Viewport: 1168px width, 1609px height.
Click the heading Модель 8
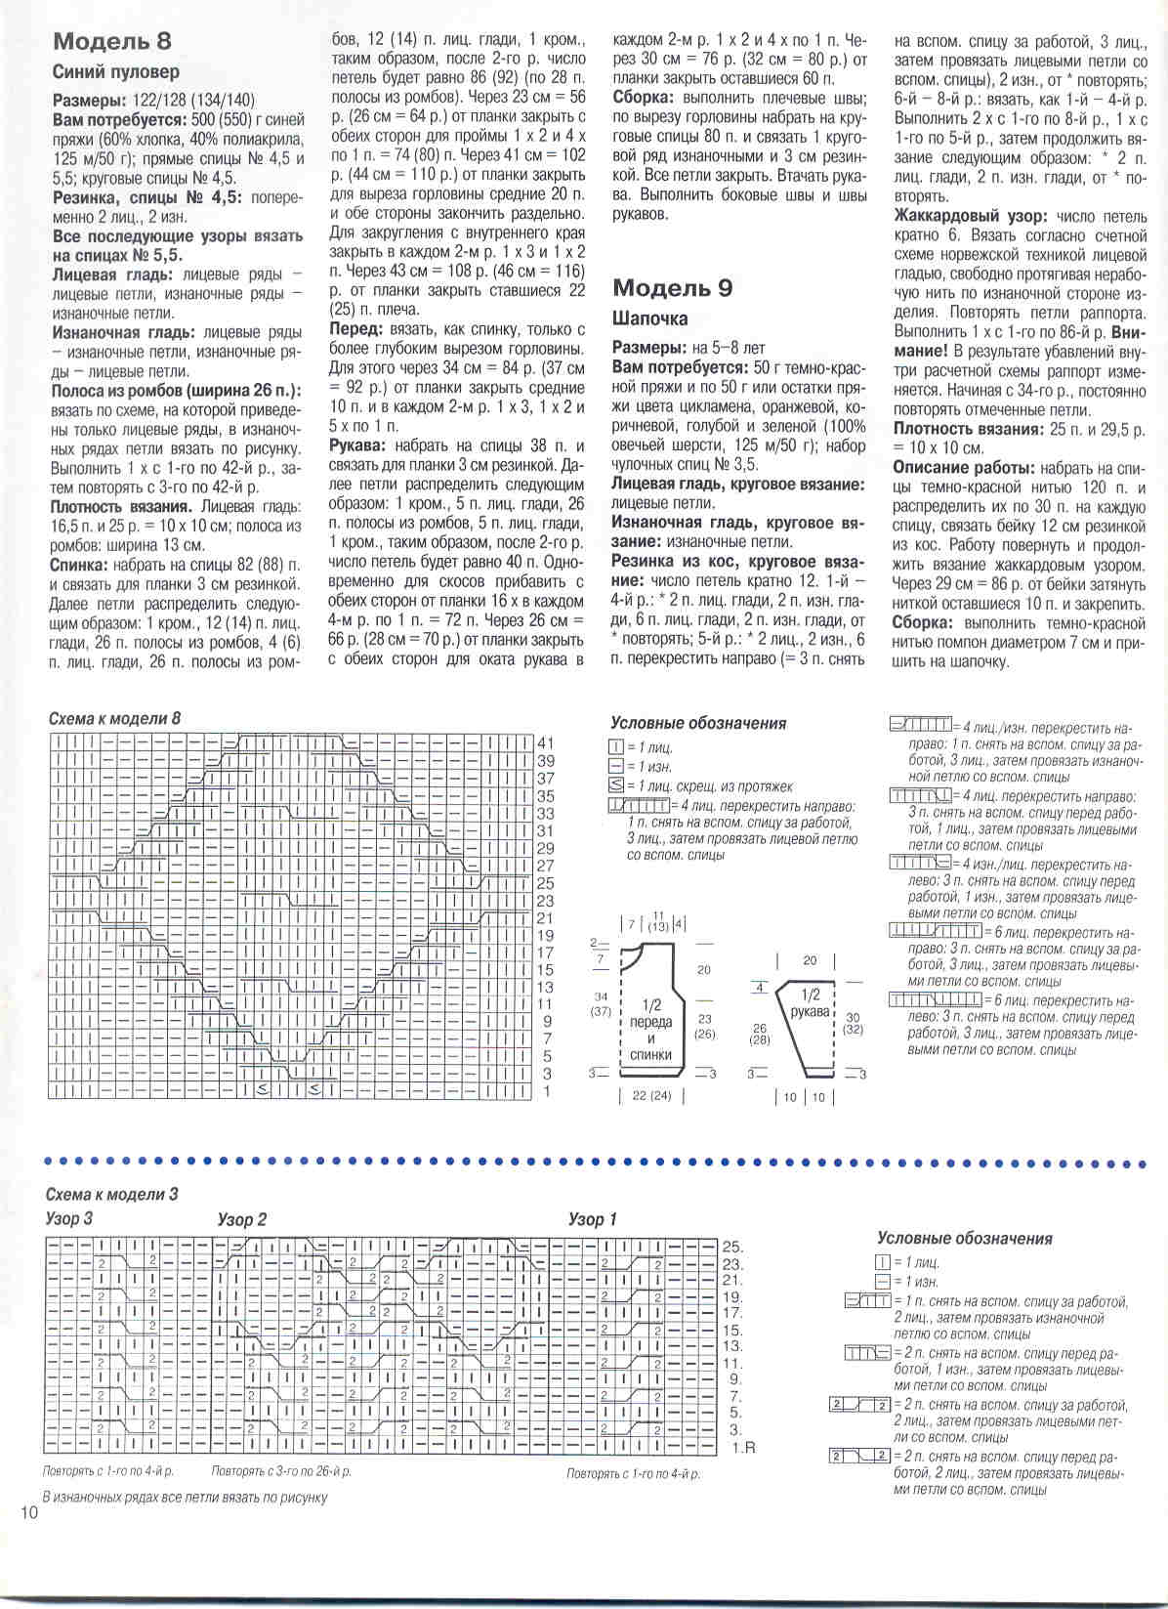pyautogui.click(x=111, y=41)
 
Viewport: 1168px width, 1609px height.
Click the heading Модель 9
pyautogui.click(x=672, y=288)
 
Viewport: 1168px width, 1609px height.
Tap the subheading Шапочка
pyautogui.click(x=649, y=319)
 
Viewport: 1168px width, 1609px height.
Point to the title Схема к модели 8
pyautogui.click(x=114, y=719)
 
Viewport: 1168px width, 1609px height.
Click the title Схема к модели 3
pyautogui.click(x=111, y=1195)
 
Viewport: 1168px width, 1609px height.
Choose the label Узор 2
pyautogui.click(x=241, y=1220)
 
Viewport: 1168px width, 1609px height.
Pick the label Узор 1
pyautogui.click(x=593, y=1220)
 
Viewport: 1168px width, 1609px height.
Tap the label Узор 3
pyautogui.click(x=69, y=1219)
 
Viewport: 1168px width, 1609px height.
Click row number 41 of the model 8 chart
pyautogui.click(x=546, y=743)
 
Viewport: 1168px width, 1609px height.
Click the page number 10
pyautogui.click(x=27, y=1513)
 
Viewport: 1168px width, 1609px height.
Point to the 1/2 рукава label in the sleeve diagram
pyautogui.click(x=811, y=1003)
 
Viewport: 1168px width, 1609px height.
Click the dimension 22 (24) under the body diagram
pyautogui.click(x=651, y=1096)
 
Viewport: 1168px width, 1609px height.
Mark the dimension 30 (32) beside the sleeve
pyautogui.click(x=853, y=1023)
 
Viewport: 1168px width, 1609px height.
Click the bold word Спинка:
pyautogui.click(x=80, y=565)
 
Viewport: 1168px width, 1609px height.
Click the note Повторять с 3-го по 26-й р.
pyautogui.click(x=281, y=1471)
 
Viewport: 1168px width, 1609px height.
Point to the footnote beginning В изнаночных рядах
pyautogui.click(x=185, y=1497)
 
